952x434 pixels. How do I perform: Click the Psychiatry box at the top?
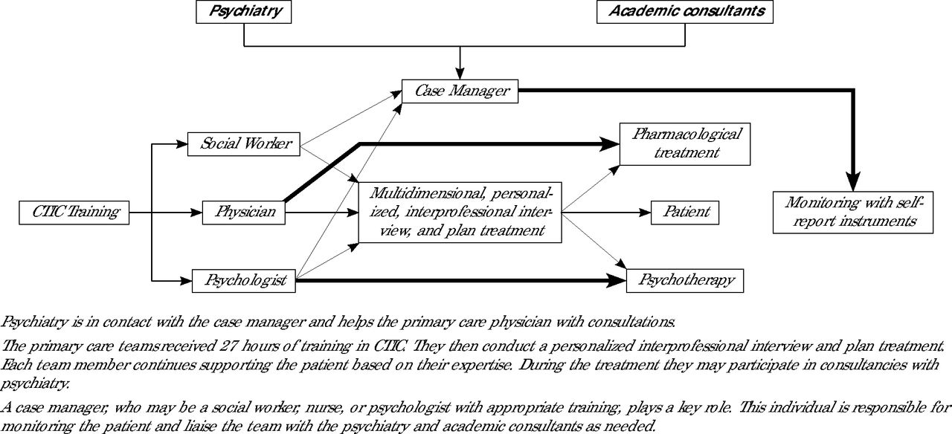click(243, 11)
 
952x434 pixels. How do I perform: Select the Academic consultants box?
click(685, 11)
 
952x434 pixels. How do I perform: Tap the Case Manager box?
click(460, 91)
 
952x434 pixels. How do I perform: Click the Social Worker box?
click(243, 144)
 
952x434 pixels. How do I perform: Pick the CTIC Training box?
click(74, 213)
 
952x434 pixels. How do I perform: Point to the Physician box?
click(243, 213)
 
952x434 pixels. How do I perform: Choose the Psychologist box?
click(243, 281)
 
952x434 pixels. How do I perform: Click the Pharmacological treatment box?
click(685, 144)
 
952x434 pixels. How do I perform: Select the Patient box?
click(685, 213)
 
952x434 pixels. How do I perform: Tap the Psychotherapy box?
click(685, 281)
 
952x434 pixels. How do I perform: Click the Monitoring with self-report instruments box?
click(853, 213)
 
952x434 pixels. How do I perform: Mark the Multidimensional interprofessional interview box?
click(460, 213)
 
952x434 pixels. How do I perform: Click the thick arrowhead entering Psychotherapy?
click(617, 280)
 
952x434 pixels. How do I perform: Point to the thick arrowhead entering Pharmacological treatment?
click(610, 144)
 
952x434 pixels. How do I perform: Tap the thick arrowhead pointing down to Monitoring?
click(853, 182)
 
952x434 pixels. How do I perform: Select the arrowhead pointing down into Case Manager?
click(460, 74)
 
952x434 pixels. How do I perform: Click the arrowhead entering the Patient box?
click(645, 213)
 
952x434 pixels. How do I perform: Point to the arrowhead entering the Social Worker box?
click(181, 144)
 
